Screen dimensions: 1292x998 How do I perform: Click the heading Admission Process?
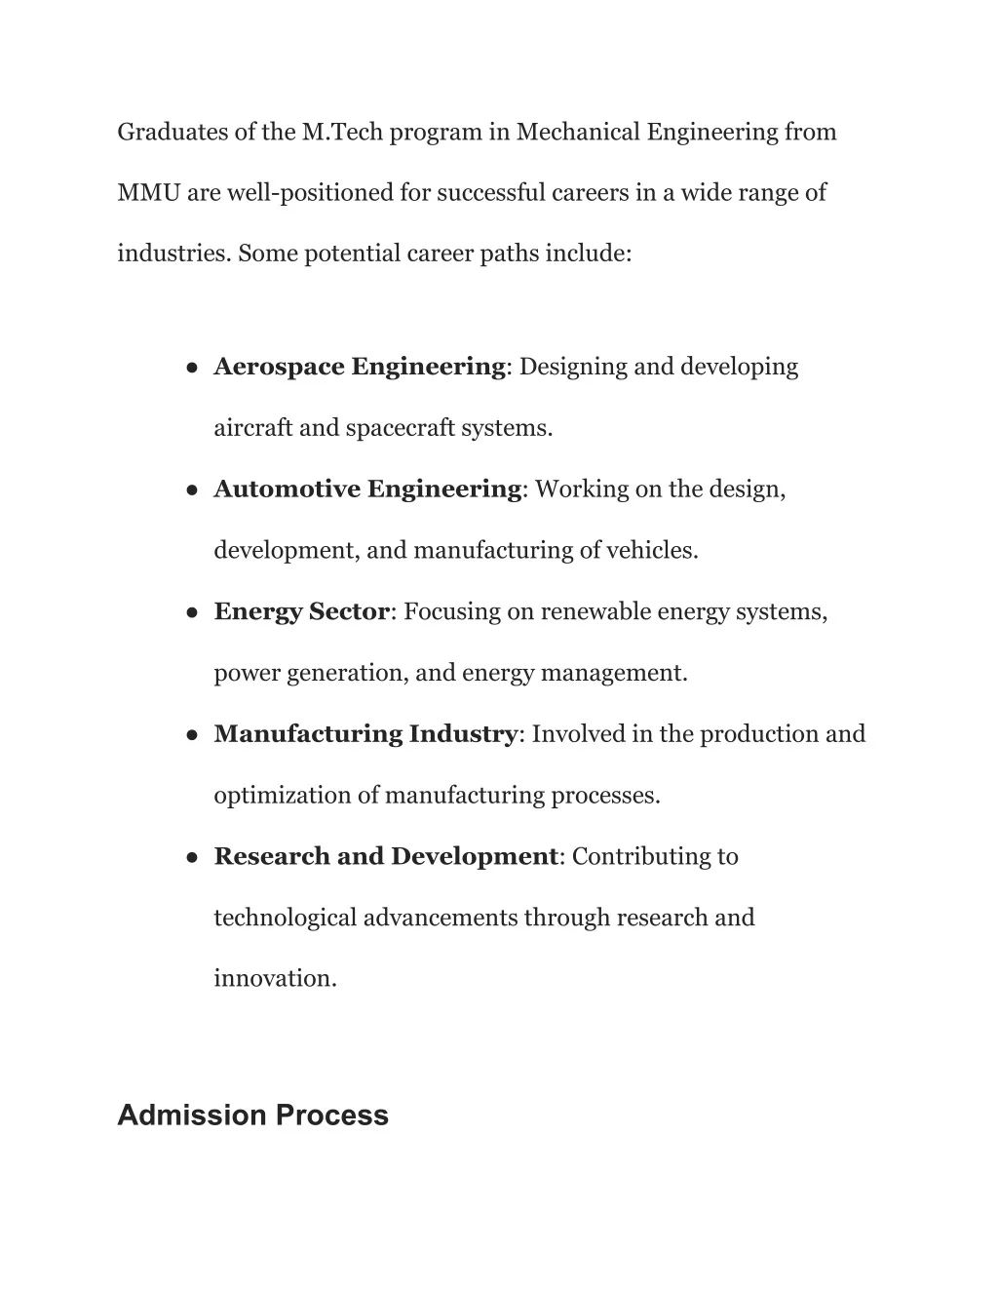[252, 1116]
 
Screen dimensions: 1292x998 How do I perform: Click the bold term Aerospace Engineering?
[359, 367]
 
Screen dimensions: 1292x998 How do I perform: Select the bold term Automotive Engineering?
[367, 489]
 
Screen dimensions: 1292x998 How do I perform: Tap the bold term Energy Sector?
[301, 611]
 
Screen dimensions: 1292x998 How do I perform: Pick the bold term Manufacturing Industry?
[365, 733]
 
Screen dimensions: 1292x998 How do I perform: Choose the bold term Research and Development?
[385, 856]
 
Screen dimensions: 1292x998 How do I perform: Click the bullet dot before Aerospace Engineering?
[193, 369]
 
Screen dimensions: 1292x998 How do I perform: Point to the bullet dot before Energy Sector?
[193, 613]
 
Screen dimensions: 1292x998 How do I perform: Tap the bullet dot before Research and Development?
[193, 858]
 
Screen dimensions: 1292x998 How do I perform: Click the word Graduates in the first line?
[172, 132]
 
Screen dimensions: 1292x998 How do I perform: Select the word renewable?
[595, 611]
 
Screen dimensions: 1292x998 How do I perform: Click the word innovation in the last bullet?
[274, 978]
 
